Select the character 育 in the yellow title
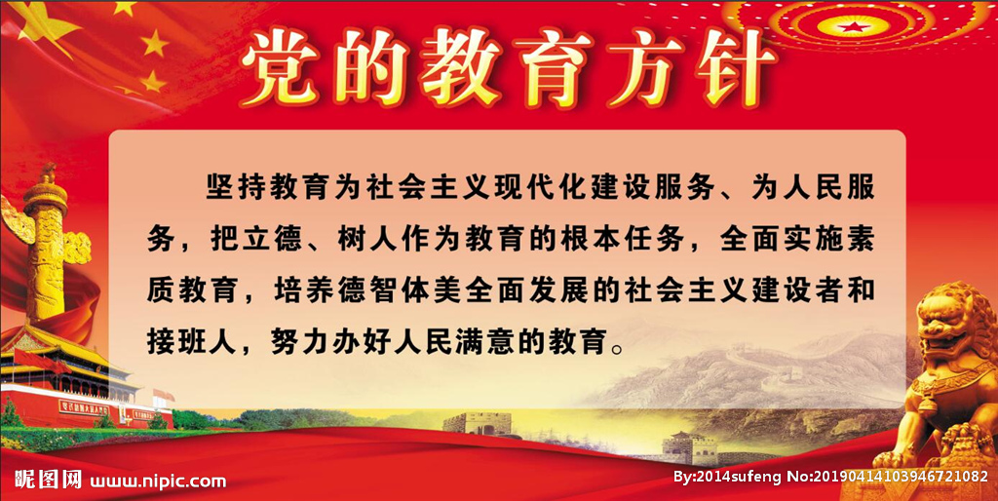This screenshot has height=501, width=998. pyautogui.click(x=552, y=68)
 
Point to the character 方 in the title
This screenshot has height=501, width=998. pyautogui.click(x=643, y=68)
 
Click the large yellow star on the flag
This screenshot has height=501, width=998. pyautogui.click(x=41, y=22)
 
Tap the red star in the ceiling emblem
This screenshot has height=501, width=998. pyautogui.click(x=852, y=26)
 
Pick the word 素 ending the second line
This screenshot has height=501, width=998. pyautogui.click(x=859, y=241)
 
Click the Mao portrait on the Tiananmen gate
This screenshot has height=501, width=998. pyautogui.click(x=122, y=415)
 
